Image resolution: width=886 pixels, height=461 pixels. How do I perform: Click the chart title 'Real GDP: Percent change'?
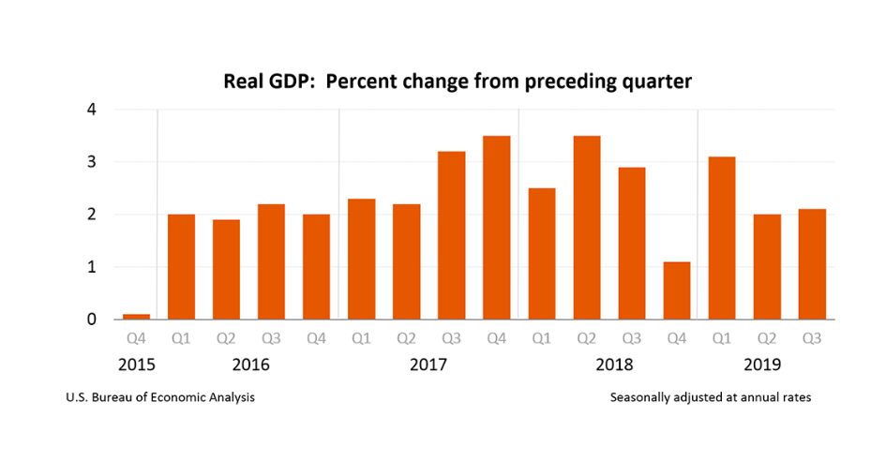point(457,82)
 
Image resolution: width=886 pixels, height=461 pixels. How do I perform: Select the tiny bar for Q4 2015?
point(136,317)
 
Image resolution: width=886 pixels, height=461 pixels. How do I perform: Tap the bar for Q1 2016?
point(181,267)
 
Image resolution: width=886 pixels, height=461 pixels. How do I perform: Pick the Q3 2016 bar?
point(271,261)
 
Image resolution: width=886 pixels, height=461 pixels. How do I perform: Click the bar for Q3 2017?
point(451,235)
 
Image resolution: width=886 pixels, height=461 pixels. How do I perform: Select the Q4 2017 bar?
point(496,228)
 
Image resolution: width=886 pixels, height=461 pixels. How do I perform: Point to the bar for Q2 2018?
point(586,228)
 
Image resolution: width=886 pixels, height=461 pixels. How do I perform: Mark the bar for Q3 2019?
point(811,264)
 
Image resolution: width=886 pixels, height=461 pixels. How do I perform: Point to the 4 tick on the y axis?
point(92,110)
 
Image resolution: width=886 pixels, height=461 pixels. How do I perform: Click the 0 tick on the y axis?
point(92,320)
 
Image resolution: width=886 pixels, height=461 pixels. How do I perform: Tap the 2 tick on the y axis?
point(92,215)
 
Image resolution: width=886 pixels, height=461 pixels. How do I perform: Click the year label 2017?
point(428,364)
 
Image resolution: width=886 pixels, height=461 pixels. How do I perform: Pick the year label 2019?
point(766,364)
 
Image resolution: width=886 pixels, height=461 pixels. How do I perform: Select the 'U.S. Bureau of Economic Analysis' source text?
point(160,397)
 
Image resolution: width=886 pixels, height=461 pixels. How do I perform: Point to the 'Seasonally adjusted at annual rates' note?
point(710,397)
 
